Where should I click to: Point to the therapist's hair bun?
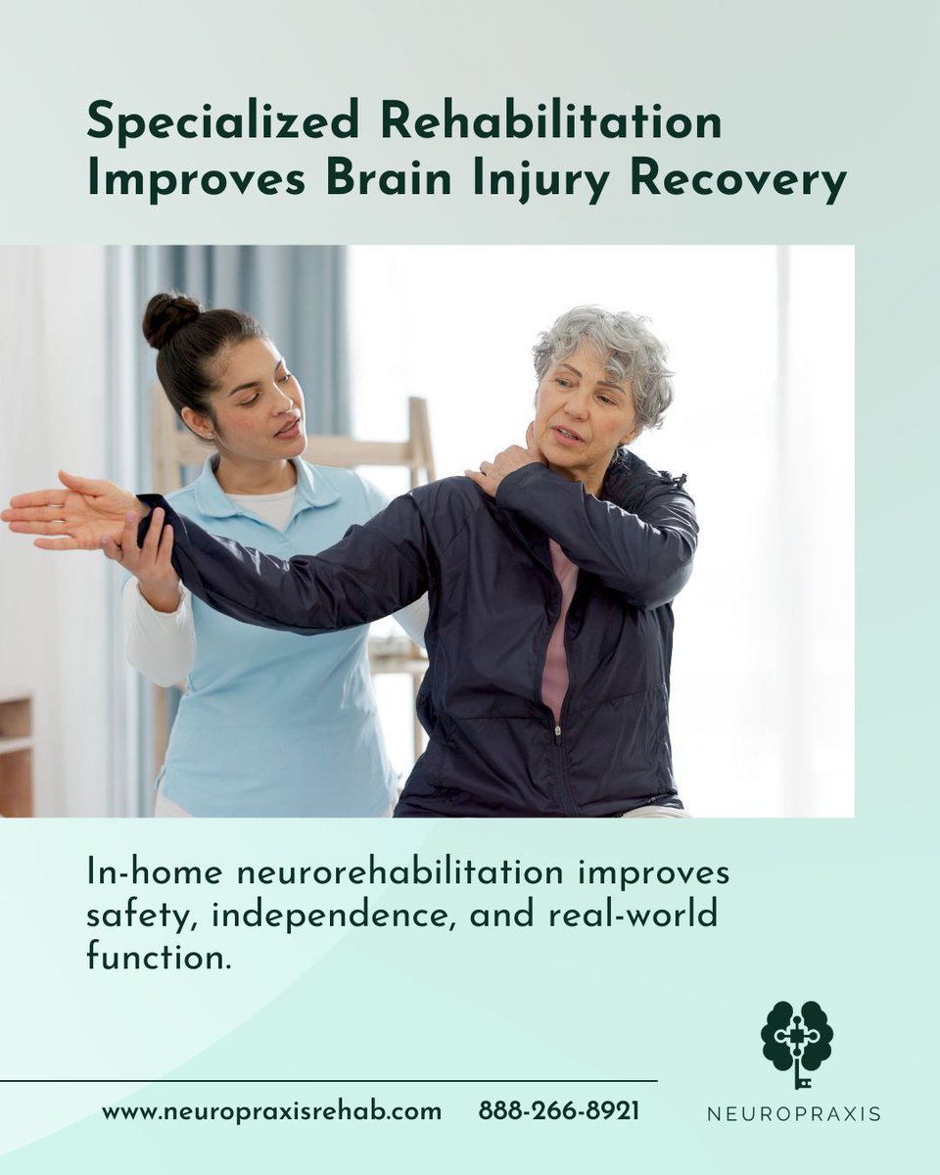170,318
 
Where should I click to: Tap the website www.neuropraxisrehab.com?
271,1111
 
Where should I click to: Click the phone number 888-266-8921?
559,1111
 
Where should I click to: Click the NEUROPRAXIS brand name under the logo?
794,1113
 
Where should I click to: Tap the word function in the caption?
159,956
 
